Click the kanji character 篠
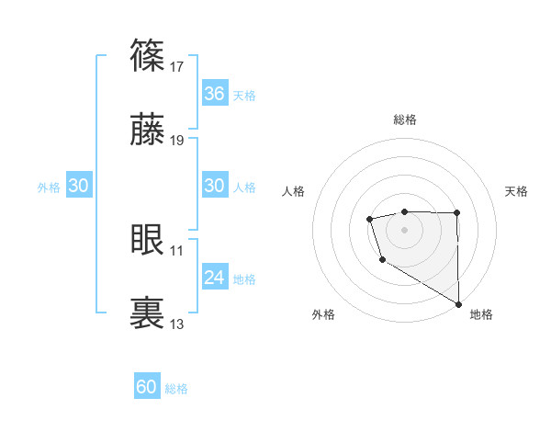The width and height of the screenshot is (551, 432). pyautogui.click(x=148, y=56)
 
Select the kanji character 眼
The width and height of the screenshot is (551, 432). pyautogui.click(x=148, y=240)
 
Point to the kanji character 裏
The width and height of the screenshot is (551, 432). pyautogui.click(x=148, y=313)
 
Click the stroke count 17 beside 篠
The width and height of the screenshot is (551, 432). pyautogui.click(x=177, y=66)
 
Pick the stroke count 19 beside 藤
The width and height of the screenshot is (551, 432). pyautogui.click(x=177, y=142)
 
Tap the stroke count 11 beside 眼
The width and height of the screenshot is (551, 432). pyautogui.click(x=177, y=249)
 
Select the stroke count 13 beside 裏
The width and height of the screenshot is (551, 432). pyautogui.click(x=177, y=324)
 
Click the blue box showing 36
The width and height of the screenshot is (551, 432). pyautogui.click(x=214, y=94)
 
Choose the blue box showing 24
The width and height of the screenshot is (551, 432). pyautogui.click(x=214, y=277)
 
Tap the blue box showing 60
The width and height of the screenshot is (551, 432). pyautogui.click(x=147, y=387)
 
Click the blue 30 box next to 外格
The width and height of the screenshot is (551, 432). pyautogui.click(x=79, y=186)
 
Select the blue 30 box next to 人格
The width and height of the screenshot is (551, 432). pyautogui.click(x=214, y=186)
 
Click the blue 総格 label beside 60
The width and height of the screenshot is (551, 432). pyautogui.click(x=176, y=389)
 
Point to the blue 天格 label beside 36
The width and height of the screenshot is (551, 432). pyautogui.click(x=244, y=96)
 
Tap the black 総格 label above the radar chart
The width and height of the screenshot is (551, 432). pyautogui.click(x=405, y=119)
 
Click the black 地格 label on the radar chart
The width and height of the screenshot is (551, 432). pyautogui.click(x=481, y=314)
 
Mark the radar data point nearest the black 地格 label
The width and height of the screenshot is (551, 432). pyautogui.click(x=458, y=303)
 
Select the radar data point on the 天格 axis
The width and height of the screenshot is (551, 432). pyautogui.click(x=457, y=213)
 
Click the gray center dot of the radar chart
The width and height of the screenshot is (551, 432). pyautogui.click(x=404, y=227)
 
